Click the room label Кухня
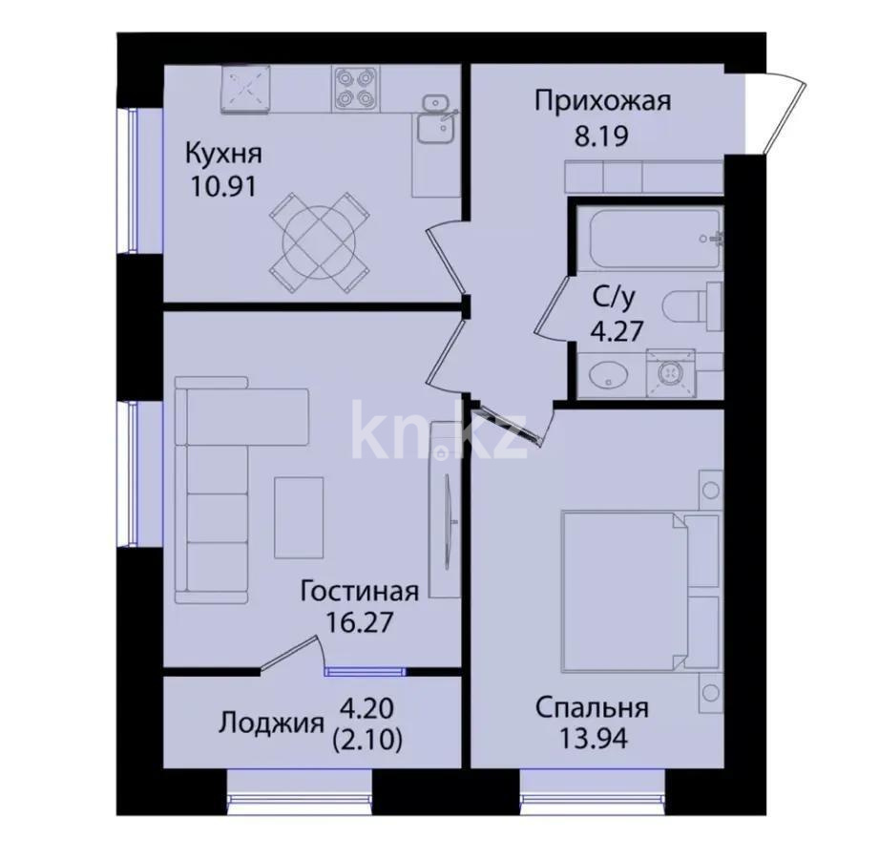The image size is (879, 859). (223, 153)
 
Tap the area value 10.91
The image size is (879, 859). (223, 187)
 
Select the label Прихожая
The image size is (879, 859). (602, 101)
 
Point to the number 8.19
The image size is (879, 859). (601, 136)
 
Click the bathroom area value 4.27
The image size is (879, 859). (617, 331)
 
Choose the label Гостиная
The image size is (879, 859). (360, 591)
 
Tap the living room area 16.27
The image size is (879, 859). (360, 622)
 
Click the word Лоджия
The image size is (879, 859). (271, 723)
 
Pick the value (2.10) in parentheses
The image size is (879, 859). (367, 742)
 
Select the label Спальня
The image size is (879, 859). (593, 708)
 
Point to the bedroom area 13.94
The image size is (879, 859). (593, 740)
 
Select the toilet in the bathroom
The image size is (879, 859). (692, 306)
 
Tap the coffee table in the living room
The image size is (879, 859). (299, 517)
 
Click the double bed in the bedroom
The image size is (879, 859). (640, 591)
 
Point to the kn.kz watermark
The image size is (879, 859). (439, 429)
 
